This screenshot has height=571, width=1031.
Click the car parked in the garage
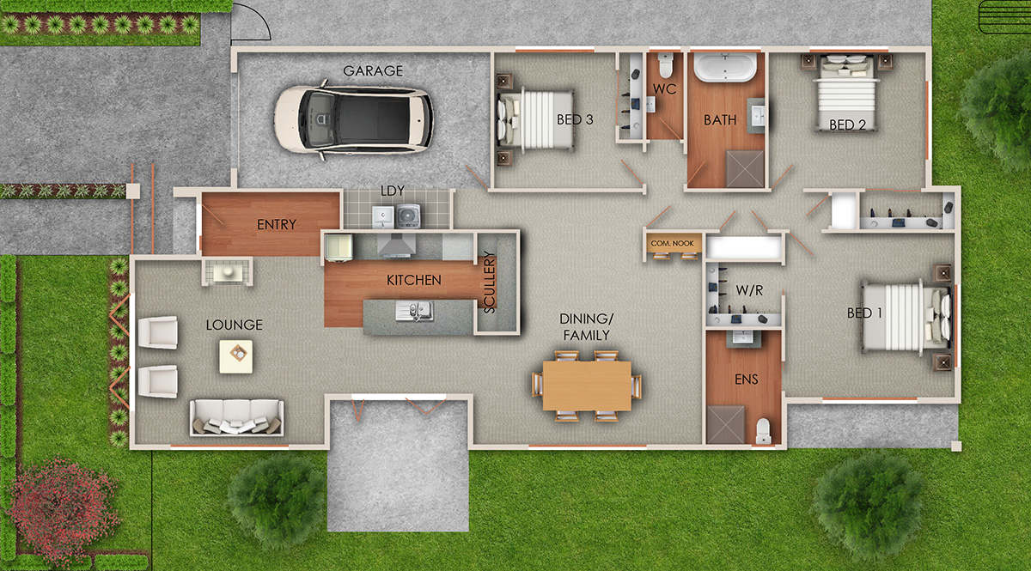click(x=353, y=119)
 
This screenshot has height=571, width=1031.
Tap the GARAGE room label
click(x=373, y=71)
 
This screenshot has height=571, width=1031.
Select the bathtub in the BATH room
click(x=725, y=67)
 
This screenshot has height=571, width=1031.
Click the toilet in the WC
click(x=666, y=65)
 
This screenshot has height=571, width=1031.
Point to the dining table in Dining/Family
click(x=587, y=386)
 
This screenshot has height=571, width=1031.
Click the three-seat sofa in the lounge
click(x=236, y=417)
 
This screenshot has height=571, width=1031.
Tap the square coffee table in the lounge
click(x=235, y=356)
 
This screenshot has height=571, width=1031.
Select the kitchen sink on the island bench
click(x=414, y=311)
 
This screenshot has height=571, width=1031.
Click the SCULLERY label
click(x=489, y=282)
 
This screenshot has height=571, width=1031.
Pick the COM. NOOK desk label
click(x=672, y=243)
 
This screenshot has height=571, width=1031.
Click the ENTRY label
click(x=276, y=224)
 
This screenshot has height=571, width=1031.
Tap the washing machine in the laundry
click(x=408, y=216)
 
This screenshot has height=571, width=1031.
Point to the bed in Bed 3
click(x=535, y=119)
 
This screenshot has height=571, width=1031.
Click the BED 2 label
click(x=847, y=125)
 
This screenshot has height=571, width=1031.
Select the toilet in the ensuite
click(x=763, y=431)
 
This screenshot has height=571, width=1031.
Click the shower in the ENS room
click(x=726, y=425)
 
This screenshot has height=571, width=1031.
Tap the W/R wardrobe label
click(x=749, y=290)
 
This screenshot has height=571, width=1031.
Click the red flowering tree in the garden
click(x=62, y=506)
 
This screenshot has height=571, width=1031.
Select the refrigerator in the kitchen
click(x=339, y=247)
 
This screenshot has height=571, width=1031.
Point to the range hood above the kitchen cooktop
click(x=396, y=246)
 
